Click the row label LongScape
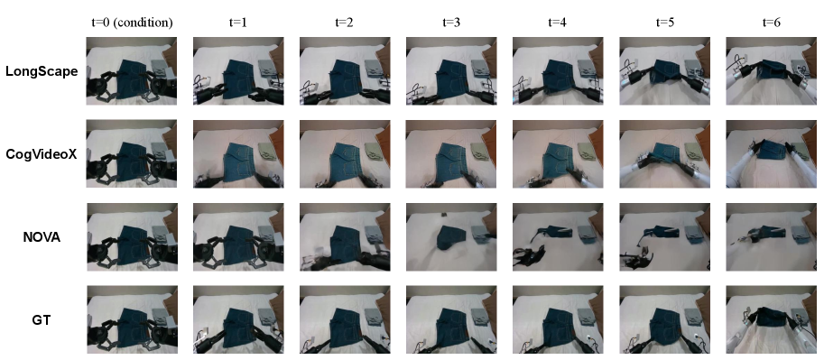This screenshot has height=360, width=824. click(x=42, y=71)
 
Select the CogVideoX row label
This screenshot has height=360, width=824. click(x=42, y=154)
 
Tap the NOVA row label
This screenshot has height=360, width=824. click(x=42, y=237)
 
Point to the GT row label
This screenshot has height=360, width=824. click(x=42, y=319)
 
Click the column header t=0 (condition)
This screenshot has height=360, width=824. click(x=132, y=23)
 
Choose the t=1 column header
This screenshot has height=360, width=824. click(x=238, y=23)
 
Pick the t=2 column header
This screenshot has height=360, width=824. click(x=345, y=23)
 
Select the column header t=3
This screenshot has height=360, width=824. click(x=451, y=23)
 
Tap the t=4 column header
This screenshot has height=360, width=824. click(x=558, y=23)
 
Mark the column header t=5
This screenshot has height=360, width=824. click(x=665, y=23)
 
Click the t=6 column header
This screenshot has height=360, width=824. click(x=771, y=23)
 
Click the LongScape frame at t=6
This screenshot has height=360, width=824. click(x=771, y=71)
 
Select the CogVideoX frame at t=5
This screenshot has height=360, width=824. click(x=665, y=154)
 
